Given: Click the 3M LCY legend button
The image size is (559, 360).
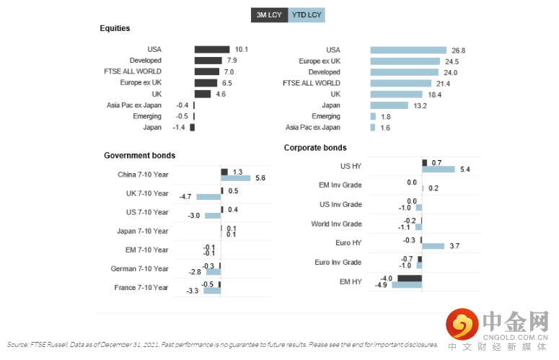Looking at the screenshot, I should click(269, 14).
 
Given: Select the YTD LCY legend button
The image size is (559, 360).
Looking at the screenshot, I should click(307, 14).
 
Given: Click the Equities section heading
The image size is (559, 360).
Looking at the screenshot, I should click(115, 28).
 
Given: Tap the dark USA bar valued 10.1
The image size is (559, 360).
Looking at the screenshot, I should click(212, 49).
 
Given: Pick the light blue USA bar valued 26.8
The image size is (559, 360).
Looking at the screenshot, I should click(408, 50).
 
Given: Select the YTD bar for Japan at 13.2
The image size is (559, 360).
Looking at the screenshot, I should click(389, 105).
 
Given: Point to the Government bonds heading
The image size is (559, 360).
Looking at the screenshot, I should click(139, 155).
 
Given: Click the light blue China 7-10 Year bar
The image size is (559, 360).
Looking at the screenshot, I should click(236, 177).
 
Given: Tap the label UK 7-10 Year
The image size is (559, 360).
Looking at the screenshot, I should click(147, 193).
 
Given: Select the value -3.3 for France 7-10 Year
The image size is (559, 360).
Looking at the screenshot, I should click(192, 291).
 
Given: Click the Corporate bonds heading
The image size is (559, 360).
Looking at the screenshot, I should click(315, 148).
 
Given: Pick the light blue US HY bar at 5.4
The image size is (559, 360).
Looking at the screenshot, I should click(439, 169).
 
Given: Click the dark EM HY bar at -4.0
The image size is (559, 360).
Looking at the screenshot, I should click(409, 278).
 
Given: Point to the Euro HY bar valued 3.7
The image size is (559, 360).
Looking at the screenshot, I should click(433, 246).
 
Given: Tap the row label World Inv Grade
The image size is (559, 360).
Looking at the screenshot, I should click(337, 224).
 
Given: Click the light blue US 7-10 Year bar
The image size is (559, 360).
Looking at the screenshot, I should click(213, 215).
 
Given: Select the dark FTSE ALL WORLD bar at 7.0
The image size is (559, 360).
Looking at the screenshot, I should click(207, 71).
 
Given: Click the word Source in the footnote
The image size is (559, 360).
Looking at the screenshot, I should click(17, 345).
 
